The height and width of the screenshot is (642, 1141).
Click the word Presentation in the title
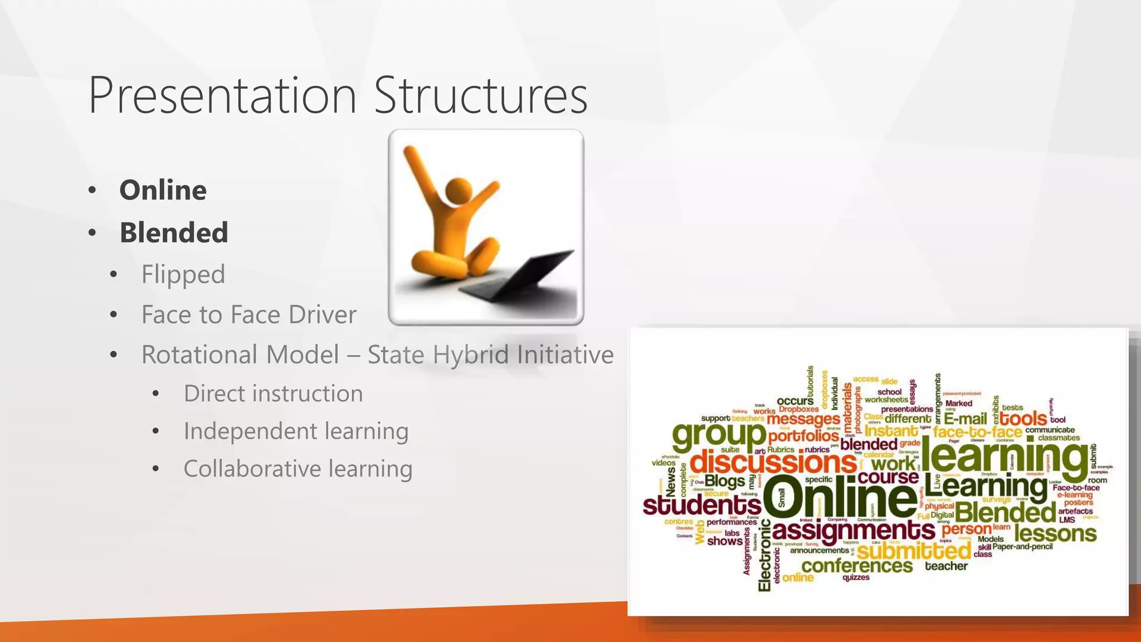pyautogui.click(x=222, y=96)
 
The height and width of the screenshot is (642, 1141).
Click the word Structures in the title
pyautogui.click(x=480, y=96)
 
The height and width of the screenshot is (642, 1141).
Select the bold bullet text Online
pyautogui.click(x=163, y=190)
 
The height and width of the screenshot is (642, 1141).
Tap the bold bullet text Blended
pyautogui.click(x=174, y=232)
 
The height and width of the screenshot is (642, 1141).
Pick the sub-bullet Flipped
pyautogui.click(x=183, y=274)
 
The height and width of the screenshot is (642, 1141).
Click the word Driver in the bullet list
pyautogui.click(x=323, y=314)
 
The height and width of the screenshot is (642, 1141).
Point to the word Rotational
pyautogui.click(x=240, y=354)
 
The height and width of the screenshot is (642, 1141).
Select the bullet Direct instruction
pyautogui.click(x=273, y=393)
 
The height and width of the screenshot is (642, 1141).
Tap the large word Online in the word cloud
pyautogui.click(x=840, y=498)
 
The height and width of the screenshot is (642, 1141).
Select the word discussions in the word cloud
pyautogui.click(x=773, y=462)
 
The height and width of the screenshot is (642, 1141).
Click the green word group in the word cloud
pyautogui.click(x=719, y=435)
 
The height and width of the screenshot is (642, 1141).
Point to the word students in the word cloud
pyautogui.click(x=701, y=505)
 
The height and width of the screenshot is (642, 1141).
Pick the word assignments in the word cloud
pyautogui.click(x=854, y=530)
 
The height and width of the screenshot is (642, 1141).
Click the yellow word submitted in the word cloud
pyautogui.click(x=914, y=551)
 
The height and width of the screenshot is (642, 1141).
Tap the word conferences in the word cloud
pyautogui.click(x=857, y=566)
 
